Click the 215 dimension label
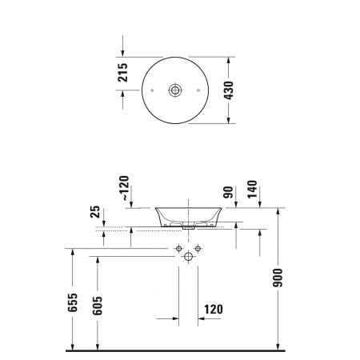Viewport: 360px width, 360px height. pyautogui.click(x=123, y=72)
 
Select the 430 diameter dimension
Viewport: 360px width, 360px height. pyautogui.click(x=229, y=90)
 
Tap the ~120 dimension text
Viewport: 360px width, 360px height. pyautogui.click(x=125, y=188)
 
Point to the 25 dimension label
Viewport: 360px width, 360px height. pyautogui.click(x=95, y=212)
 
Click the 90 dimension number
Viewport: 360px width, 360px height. pyautogui.click(x=229, y=192)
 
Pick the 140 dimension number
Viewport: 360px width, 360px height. pyautogui.click(x=252, y=190)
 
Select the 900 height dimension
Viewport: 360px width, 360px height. pyautogui.click(x=278, y=278)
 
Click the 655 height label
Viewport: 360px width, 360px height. pyautogui.click(x=72, y=302)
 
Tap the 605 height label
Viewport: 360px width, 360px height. pyautogui.click(x=98, y=306)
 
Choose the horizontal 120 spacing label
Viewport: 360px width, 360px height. pyautogui.click(x=214, y=310)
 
